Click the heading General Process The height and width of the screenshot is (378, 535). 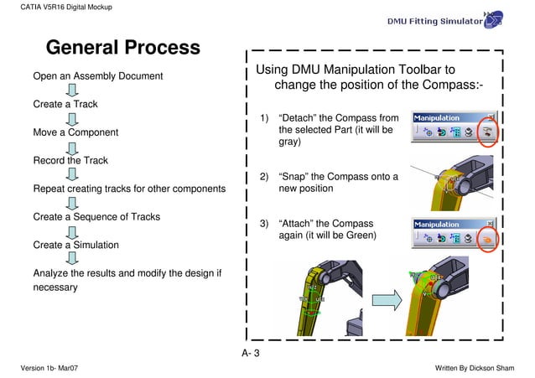122,48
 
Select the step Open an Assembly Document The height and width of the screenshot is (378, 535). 98,77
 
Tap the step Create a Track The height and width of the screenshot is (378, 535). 65,105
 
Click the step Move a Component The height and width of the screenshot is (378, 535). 75,132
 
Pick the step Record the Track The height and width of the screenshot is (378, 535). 70,160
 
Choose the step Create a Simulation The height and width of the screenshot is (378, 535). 75,246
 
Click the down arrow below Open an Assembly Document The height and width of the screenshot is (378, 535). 73,91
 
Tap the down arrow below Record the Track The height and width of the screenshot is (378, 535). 73,174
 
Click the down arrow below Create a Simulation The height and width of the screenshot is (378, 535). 73,259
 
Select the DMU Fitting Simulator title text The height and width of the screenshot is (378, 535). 434,21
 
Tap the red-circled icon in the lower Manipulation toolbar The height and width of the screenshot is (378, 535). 488,239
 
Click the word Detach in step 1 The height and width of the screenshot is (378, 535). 298,118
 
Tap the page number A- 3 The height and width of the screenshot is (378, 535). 251,354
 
